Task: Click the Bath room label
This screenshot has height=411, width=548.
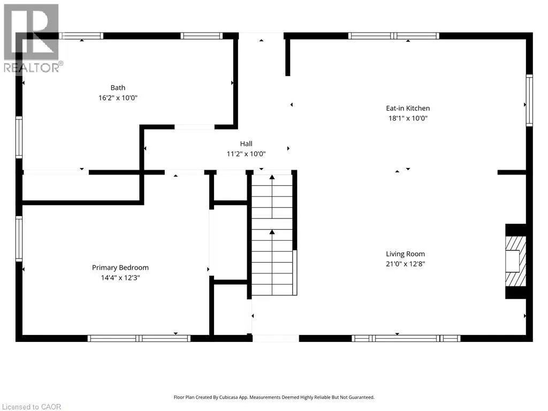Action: (x=118, y=88)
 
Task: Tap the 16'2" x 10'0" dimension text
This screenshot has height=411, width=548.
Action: (x=118, y=98)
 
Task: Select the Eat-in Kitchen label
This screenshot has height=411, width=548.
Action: (x=408, y=108)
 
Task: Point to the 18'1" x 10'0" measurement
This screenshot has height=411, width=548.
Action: (x=408, y=118)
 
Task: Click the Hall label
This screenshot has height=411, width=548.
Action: (x=246, y=143)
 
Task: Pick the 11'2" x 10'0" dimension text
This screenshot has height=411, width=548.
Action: (x=246, y=154)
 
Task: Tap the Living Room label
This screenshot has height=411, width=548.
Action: (x=406, y=254)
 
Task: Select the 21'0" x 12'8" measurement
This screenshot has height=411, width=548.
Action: (x=406, y=264)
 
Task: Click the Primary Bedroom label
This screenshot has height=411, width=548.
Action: (x=120, y=268)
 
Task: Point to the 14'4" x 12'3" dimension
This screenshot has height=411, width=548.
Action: (x=120, y=278)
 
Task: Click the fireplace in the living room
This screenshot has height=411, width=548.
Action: (x=516, y=261)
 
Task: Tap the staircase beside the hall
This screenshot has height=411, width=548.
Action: (x=272, y=235)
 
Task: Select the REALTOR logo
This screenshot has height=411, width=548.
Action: (x=32, y=39)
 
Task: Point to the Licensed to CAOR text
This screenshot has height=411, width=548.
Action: (x=32, y=407)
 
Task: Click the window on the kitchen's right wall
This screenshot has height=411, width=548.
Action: (x=529, y=100)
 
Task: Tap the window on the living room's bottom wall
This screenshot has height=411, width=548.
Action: (x=406, y=338)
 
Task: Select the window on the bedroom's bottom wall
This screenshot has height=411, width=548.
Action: (x=139, y=338)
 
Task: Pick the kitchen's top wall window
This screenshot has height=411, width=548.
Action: (x=394, y=36)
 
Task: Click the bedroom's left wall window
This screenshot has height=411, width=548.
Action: (x=19, y=239)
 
